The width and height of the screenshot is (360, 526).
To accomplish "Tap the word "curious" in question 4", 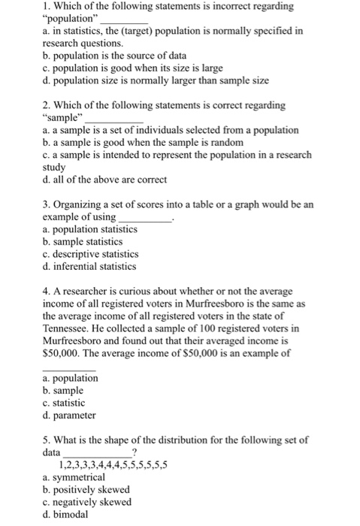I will pyautogui.click(x=126, y=290).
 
